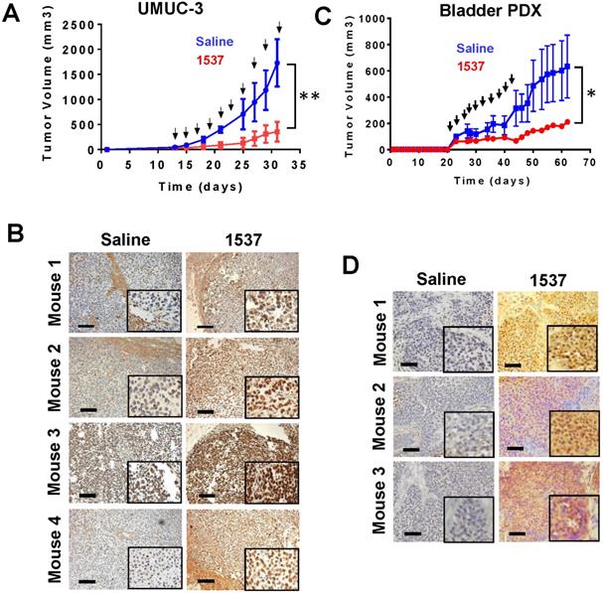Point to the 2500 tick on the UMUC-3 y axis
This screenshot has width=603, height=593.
coord(82,22)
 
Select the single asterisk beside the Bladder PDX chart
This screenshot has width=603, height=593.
coord(590,95)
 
